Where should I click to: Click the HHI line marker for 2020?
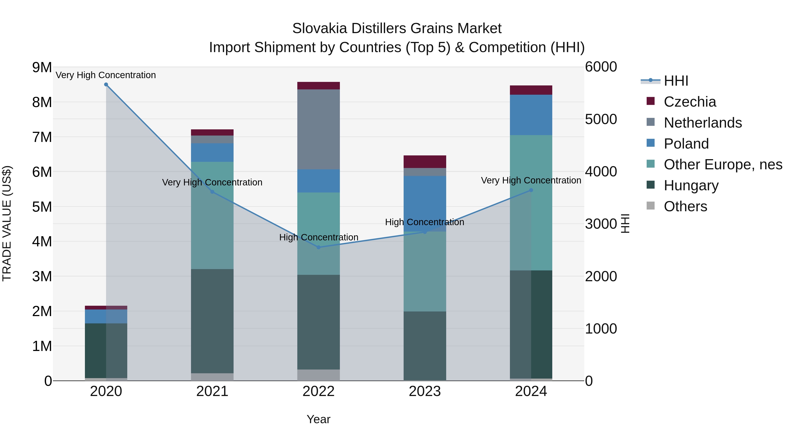106,85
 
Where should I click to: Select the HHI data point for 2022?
319,247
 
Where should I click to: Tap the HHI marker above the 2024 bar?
531,190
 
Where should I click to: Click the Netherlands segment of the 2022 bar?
319,129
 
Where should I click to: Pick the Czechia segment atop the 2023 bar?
425,162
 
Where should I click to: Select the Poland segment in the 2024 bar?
531,115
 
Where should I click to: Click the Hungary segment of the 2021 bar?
212,321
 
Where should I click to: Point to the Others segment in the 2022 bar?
319,375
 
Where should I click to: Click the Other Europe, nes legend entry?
723,164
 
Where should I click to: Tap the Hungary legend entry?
691,185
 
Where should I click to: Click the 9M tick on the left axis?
42,67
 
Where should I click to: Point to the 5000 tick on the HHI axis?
601,119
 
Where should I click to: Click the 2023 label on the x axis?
425,391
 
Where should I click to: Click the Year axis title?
318,419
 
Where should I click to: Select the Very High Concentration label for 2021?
212,182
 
